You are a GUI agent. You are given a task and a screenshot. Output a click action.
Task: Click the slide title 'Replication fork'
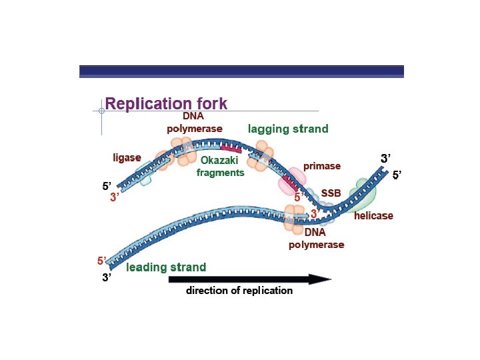pyautogui.click(x=166, y=104)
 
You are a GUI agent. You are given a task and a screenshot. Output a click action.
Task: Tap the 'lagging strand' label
pyautogui.click(x=288, y=129)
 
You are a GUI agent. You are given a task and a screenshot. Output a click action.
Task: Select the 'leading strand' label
pyautogui.click(x=166, y=267)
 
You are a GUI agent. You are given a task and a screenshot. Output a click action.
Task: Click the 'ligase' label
pyautogui.click(x=127, y=158)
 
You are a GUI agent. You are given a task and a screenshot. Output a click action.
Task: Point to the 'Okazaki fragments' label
pyautogui.click(x=220, y=166)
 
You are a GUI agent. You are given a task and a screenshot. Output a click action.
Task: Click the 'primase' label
pyautogui.click(x=322, y=166)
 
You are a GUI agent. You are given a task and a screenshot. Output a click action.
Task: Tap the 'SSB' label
pyautogui.click(x=331, y=193)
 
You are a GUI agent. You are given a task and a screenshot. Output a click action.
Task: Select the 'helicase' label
pyautogui.click(x=373, y=216)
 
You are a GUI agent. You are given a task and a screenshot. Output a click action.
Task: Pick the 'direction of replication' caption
pyautogui.click(x=239, y=291)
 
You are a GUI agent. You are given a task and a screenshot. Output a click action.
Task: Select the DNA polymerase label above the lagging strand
pyautogui.click(x=195, y=122)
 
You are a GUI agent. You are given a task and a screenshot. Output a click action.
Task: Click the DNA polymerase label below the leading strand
pyautogui.click(x=316, y=239)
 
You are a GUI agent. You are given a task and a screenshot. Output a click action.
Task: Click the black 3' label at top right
pyautogui.click(x=385, y=159)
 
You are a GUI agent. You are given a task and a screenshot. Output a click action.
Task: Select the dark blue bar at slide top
pyautogui.click(x=241, y=71)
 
